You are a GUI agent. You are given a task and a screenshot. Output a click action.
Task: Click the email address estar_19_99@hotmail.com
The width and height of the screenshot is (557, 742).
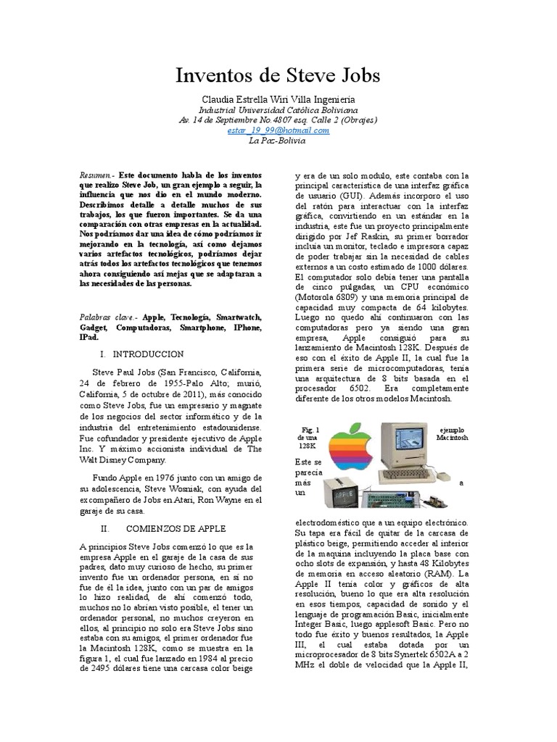tap(278, 130)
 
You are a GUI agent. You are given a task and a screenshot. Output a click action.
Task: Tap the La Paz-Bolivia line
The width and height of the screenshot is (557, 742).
tap(278, 141)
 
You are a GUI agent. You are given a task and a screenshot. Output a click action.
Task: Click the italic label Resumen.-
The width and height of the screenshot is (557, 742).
tap(96, 176)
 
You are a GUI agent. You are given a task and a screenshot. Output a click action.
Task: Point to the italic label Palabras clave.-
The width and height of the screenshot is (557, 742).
tap(109, 317)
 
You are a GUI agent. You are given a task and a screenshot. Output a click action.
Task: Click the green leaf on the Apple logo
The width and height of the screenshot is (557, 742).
tap(358, 425)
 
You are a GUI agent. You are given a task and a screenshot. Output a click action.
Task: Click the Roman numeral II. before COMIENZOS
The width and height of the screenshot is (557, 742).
tap(105, 528)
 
